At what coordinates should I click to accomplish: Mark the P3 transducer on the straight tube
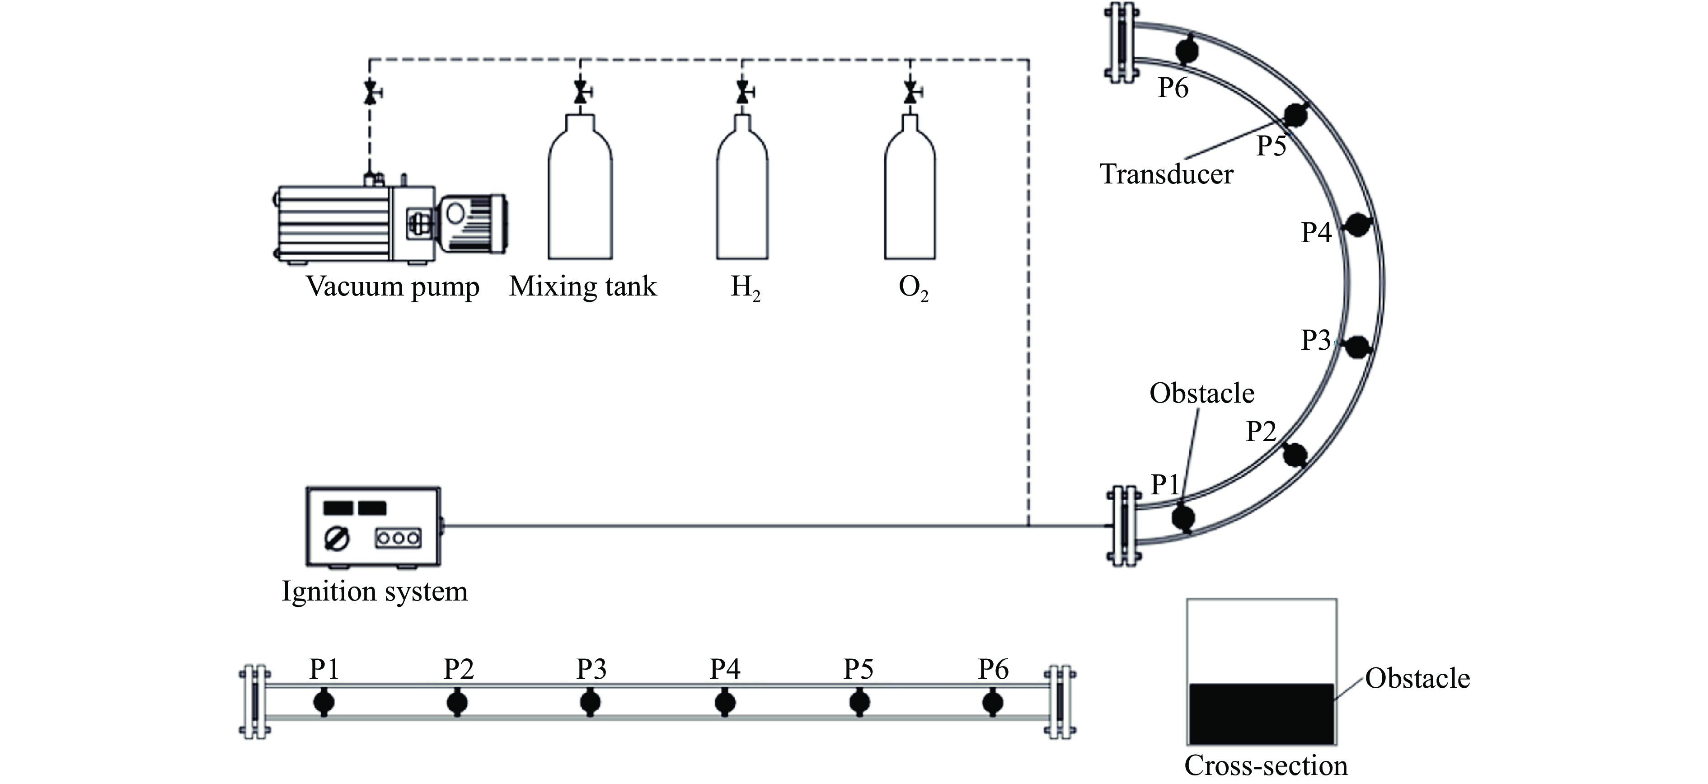590,702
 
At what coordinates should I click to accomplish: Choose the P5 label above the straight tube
859,669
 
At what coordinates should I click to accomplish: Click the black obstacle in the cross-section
1261,714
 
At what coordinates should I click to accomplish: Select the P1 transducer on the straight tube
324,702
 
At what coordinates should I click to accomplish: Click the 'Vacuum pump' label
393,286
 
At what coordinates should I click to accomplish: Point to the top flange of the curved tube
1121,42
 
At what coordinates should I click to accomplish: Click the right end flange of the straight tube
1060,702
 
